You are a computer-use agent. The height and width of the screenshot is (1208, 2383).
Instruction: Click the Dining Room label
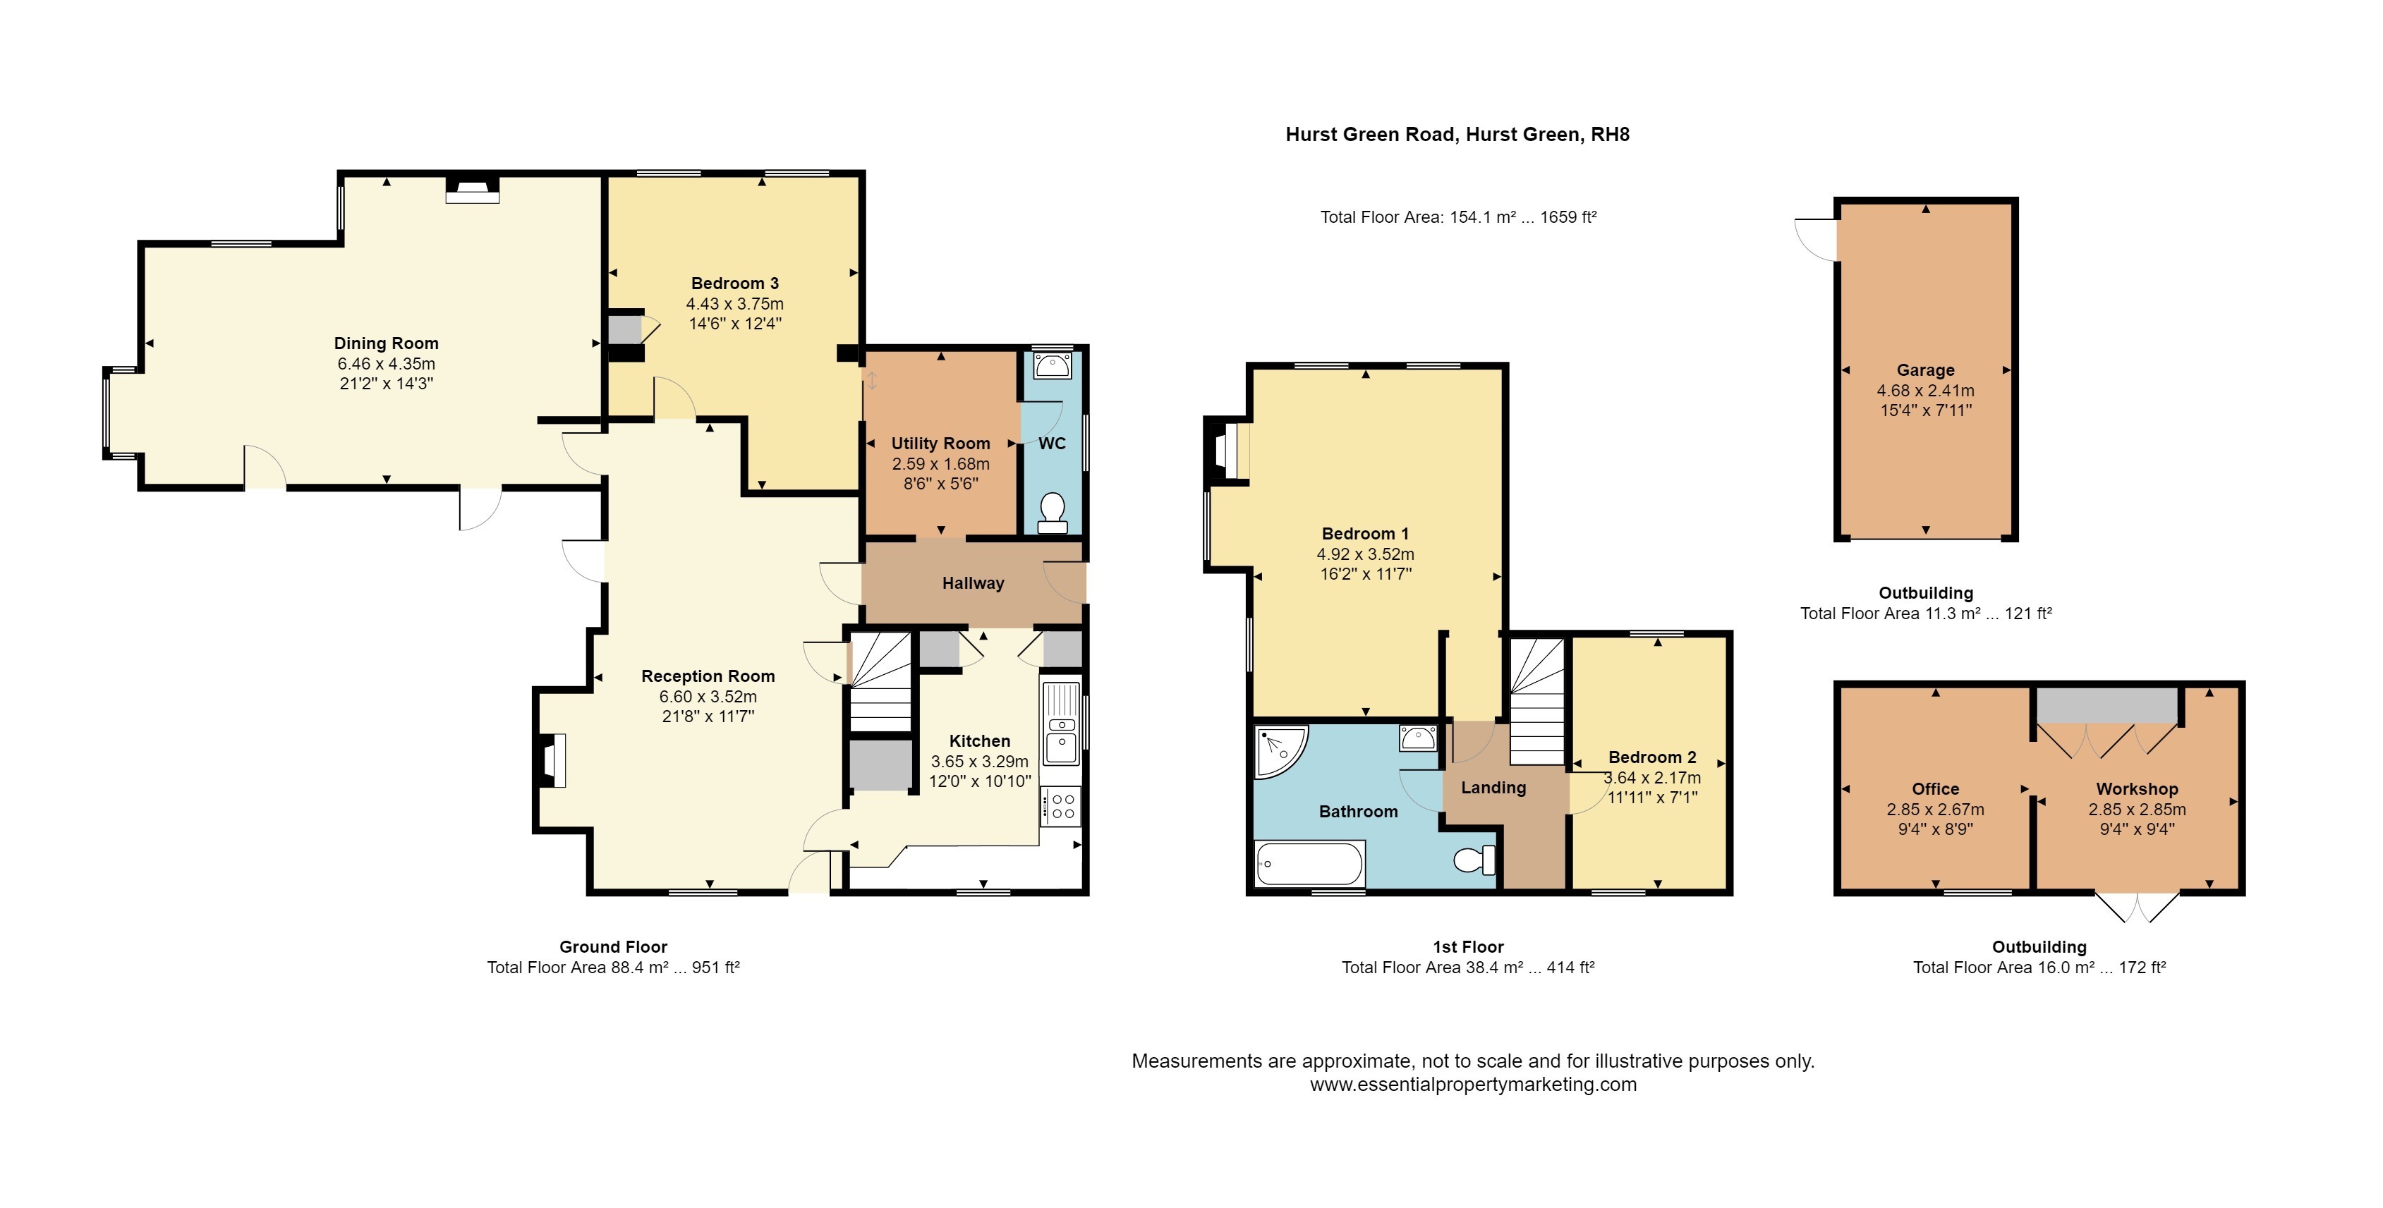(386, 343)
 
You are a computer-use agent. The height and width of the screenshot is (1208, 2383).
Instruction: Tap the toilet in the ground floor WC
(1053, 513)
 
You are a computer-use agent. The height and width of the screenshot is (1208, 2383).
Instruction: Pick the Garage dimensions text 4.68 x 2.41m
(1925, 391)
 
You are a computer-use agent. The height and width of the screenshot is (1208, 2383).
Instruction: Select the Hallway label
(972, 582)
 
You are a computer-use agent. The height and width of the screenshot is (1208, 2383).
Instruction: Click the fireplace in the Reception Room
(552, 760)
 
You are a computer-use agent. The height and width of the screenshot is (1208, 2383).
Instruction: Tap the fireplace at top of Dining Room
(473, 190)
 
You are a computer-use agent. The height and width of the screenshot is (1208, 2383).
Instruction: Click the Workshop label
(2137, 789)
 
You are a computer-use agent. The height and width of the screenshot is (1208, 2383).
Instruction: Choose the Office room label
(1935, 789)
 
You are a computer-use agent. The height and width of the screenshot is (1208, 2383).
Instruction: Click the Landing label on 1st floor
(1493, 787)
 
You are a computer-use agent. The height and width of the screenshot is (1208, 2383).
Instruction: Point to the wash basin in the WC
(1053, 366)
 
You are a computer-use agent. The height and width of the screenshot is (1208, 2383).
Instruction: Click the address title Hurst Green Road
(1457, 134)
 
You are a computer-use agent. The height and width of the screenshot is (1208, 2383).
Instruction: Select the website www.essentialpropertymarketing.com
(1473, 1084)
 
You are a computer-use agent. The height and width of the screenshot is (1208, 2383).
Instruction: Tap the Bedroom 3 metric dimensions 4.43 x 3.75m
(734, 303)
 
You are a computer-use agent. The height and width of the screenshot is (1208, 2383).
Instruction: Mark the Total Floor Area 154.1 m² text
(1458, 217)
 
